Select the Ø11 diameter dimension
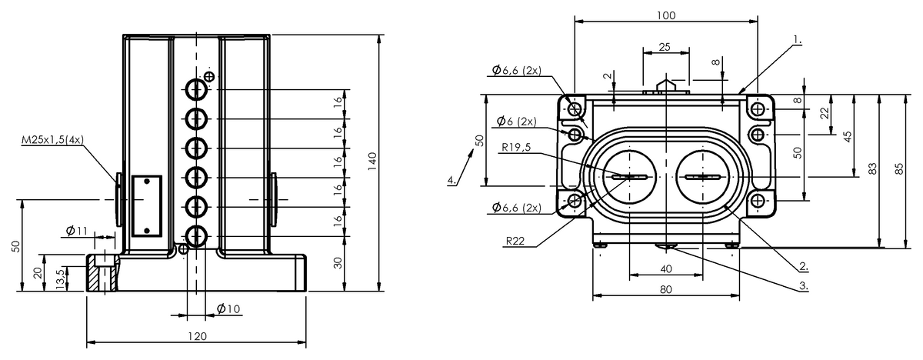[75, 230]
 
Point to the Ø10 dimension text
[228, 309]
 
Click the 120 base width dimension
[197, 336]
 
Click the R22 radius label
[516, 241]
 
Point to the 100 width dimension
[666, 15]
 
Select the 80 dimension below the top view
[666, 290]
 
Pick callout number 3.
[803, 285]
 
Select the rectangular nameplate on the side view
[145, 205]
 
